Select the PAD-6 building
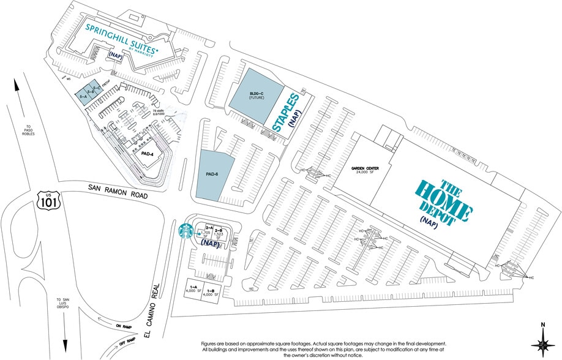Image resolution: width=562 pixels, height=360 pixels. [x=215, y=174]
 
